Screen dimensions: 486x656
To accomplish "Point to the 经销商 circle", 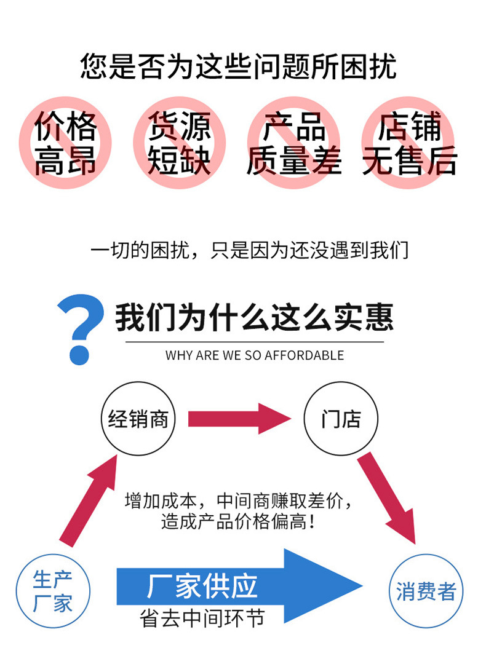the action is point(138,383).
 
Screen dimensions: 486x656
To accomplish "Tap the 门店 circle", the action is point(341,383).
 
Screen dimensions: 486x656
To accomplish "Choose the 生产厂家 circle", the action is point(53,555).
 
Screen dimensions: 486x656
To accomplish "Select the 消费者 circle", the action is point(426,555).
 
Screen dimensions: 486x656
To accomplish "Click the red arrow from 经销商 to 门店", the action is point(239,419).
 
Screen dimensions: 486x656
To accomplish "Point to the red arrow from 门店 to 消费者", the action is point(386,498).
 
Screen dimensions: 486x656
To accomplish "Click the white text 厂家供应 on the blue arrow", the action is point(202,587).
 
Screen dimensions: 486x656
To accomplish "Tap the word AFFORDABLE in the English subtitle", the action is point(305,355).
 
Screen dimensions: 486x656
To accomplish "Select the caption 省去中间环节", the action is point(202,618).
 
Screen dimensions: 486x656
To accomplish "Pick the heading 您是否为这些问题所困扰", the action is point(239,66).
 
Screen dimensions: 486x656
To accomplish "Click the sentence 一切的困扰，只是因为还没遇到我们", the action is point(250,250).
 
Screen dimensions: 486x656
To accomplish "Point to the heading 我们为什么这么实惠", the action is point(255,317).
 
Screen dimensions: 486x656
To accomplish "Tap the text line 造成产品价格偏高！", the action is point(239,522).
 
